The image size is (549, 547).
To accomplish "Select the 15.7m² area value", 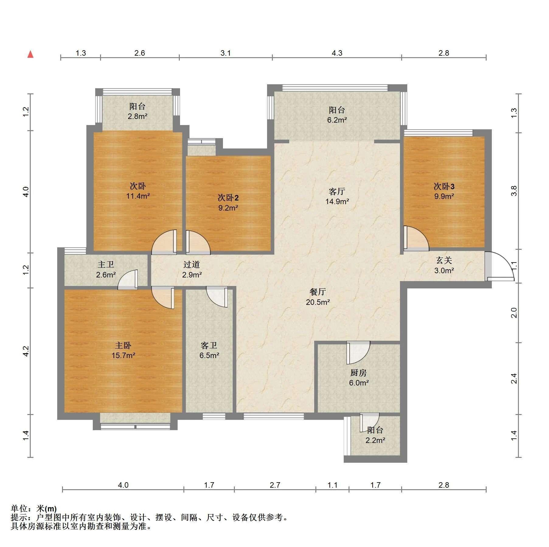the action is pos(123,355).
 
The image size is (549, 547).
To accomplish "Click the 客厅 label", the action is pos(337,191).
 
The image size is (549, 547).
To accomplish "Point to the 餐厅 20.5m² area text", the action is pos(318,302).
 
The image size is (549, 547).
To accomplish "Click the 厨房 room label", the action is pos(359,373).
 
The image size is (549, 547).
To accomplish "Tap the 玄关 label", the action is pos(444,260).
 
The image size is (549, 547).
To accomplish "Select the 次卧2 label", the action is pos(228,198).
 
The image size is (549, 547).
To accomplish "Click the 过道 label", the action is pos(192,265).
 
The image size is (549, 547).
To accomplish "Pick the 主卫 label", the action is pos(106,265).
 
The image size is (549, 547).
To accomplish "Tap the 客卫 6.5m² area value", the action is pos(209,355).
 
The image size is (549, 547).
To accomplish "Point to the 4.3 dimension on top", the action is pos(337,53).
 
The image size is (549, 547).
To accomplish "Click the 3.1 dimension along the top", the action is pos(225,53).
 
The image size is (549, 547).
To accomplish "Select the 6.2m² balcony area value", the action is pos(337,120).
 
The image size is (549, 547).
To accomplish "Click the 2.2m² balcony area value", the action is pos(375,440).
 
